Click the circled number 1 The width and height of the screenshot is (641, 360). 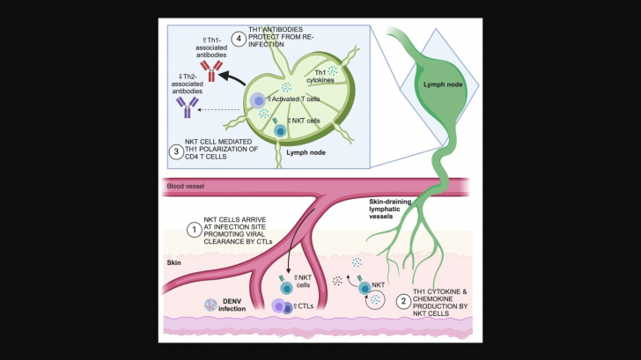click(193, 230)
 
